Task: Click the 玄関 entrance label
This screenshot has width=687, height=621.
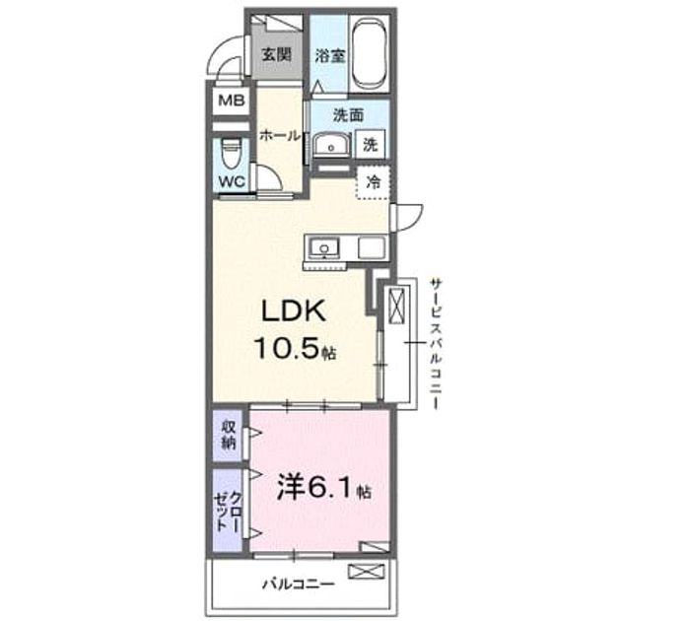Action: (276, 54)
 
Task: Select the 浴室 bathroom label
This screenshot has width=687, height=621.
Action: (330, 56)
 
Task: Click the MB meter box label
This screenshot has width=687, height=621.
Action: (232, 102)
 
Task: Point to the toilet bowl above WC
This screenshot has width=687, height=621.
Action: (231, 153)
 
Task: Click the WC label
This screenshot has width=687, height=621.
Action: (232, 182)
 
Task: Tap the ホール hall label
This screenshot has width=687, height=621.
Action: (280, 136)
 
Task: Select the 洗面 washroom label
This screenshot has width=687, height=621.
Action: (348, 115)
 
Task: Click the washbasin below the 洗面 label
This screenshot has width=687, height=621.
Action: (331, 144)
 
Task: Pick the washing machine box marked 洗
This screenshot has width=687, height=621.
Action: (371, 144)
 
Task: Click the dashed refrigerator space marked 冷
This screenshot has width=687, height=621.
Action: (373, 182)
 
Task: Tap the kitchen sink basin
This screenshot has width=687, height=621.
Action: (324, 249)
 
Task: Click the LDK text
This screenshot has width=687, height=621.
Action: (294, 311)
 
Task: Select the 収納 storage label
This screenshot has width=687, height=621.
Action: (229, 435)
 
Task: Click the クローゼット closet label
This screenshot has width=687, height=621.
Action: (229, 512)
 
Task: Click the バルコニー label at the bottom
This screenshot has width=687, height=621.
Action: (299, 585)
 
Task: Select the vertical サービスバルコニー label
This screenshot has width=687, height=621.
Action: (436, 343)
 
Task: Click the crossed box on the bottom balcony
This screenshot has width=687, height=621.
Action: (367, 572)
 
